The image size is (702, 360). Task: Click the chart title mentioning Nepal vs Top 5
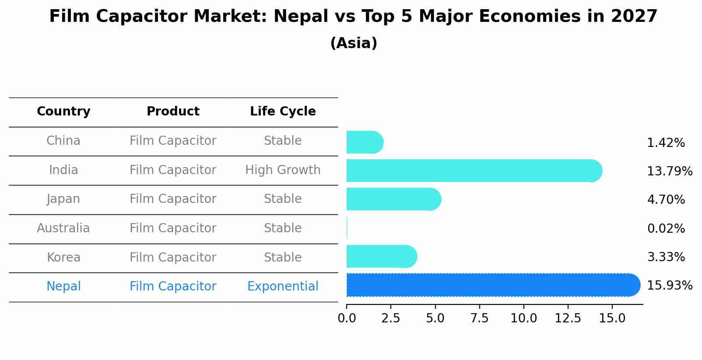(x=353, y=17)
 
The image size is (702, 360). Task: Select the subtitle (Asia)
(x=353, y=43)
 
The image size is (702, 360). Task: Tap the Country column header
(x=63, y=112)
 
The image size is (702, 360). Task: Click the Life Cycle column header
(x=283, y=112)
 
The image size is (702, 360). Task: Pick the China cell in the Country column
(x=63, y=141)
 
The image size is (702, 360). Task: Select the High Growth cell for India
(x=283, y=170)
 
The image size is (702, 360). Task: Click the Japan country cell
(x=63, y=199)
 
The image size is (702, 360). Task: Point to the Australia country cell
(x=63, y=228)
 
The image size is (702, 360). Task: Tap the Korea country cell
(x=63, y=257)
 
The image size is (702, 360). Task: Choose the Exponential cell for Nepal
(x=283, y=287)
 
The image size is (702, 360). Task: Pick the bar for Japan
(x=393, y=199)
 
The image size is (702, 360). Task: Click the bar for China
(x=365, y=142)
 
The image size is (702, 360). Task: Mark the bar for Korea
(x=381, y=256)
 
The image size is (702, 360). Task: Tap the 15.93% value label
(x=669, y=286)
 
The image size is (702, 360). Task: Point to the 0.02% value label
(x=666, y=229)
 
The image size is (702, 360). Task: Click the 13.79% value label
(x=669, y=171)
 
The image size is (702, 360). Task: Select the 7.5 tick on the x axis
(x=479, y=318)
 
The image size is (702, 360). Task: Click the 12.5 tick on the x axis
(x=568, y=318)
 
